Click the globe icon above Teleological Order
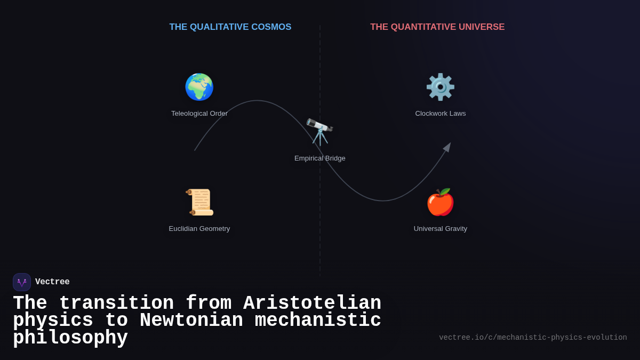(199, 87)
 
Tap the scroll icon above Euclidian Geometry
(199, 202)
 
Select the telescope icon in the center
(319, 132)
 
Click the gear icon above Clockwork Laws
(441, 87)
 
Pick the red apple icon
(441, 202)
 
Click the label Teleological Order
(199, 114)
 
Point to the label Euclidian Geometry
(199, 229)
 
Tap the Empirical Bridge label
(320, 158)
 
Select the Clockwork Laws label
(441, 114)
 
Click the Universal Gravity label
(441, 229)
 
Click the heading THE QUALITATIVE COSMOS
(230, 27)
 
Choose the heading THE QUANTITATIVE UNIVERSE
(437, 27)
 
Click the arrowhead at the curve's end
(447, 147)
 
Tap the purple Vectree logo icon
(22, 282)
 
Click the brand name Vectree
(52, 282)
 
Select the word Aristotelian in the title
(312, 303)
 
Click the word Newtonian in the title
(191, 321)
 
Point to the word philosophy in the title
(70, 338)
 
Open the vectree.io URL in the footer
(533, 338)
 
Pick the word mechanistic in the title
(318, 321)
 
